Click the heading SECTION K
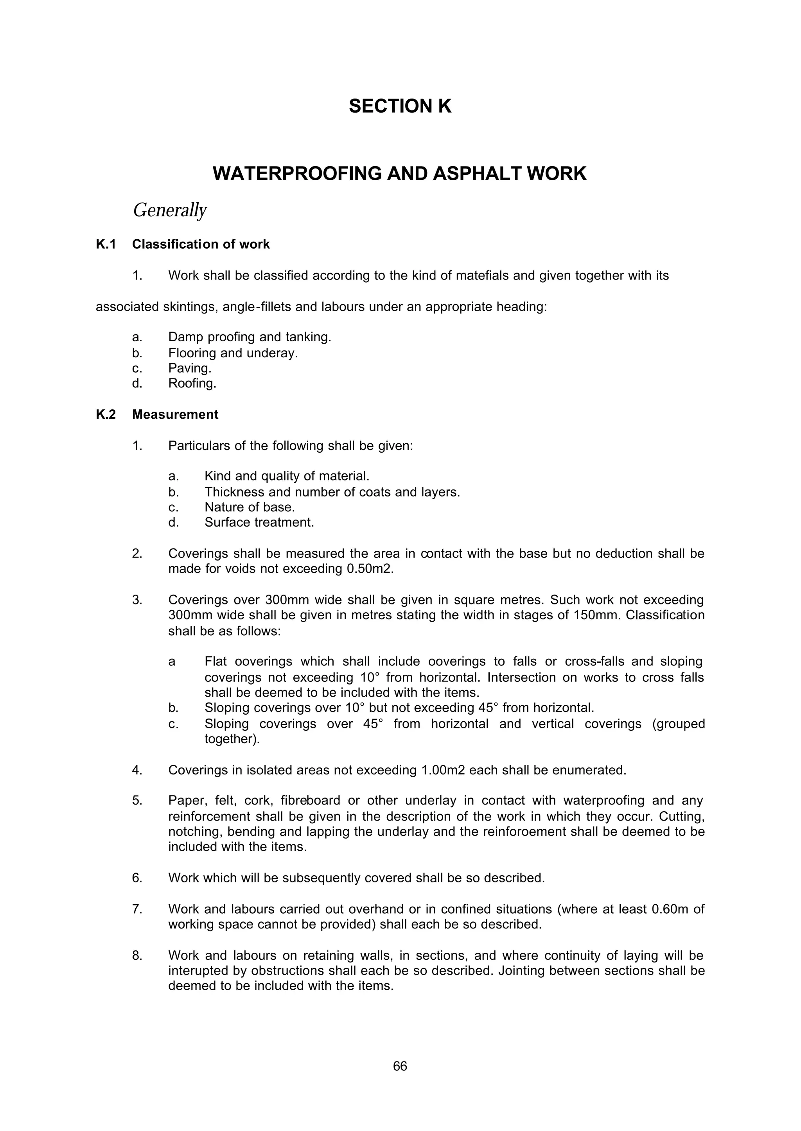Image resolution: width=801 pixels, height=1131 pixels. (x=400, y=106)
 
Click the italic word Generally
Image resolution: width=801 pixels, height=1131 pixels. (x=170, y=210)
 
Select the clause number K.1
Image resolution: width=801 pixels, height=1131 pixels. (x=106, y=245)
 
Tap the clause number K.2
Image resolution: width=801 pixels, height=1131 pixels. (x=106, y=415)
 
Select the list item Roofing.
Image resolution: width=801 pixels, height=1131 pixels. (x=192, y=384)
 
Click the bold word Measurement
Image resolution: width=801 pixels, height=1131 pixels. (x=175, y=415)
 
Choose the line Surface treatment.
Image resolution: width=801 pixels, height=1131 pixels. (x=259, y=523)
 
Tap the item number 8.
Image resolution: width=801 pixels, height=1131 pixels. (x=137, y=955)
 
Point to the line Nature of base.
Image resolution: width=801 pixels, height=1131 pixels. (x=250, y=507)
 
